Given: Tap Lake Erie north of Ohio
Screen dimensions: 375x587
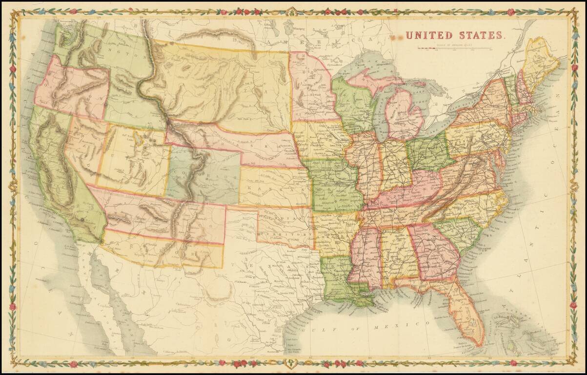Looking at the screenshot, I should tap(446, 125).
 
